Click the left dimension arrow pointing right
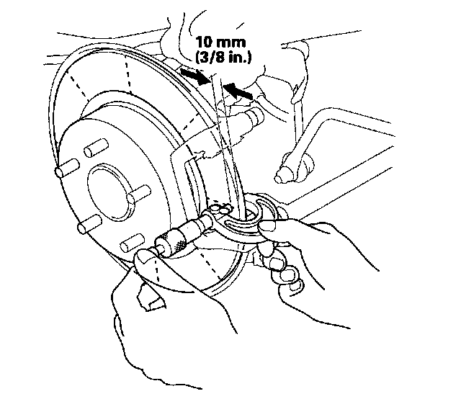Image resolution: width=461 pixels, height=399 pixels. [x=191, y=75]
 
